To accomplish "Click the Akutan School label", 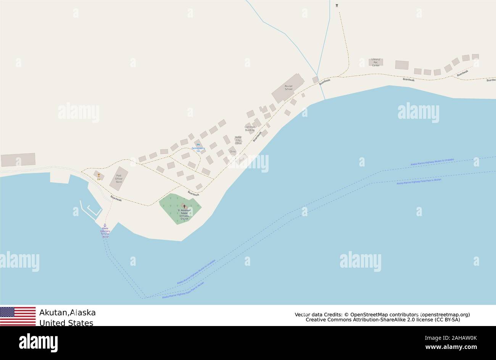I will (x=288, y=87).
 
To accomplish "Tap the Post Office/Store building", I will (x=119, y=178).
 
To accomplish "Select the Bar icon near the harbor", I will (x=99, y=176).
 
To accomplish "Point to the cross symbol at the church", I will (x=184, y=206).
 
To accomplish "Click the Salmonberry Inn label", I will (x=198, y=149).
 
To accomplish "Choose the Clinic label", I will (x=233, y=152).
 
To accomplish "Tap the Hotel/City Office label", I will (x=238, y=140).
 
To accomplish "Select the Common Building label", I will (x=250, y=128).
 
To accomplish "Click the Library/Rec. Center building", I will (x=376, y=62).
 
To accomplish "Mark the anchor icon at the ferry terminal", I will (x=105, y=225).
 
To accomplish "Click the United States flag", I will (x=18, y=316).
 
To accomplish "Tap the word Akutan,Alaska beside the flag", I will (x=68, y=313).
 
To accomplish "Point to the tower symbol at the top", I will (x=337, y=5).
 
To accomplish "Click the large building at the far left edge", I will (x=18, y=160).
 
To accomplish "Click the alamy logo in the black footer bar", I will (x=38, y=342).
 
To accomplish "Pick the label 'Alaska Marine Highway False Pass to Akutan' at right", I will (x=419, y=181).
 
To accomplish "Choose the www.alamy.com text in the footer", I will (x=453, y=347).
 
